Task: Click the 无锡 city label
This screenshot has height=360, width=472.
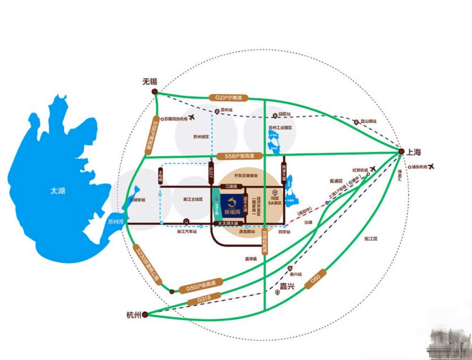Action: pos(149,81)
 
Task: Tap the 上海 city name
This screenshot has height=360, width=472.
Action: pos(413,152)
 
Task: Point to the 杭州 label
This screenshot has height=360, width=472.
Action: pos(134,315)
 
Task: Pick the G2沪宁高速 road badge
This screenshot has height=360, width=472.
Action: pos(228,98)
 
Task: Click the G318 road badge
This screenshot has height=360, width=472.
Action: pos(204,299)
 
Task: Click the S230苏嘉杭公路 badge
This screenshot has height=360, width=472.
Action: pos(147,263)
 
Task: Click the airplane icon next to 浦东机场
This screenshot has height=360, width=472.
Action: pos(430,167)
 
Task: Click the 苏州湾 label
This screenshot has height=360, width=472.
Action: pos(115,220)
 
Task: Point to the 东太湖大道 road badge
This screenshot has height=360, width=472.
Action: pos(225,223)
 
